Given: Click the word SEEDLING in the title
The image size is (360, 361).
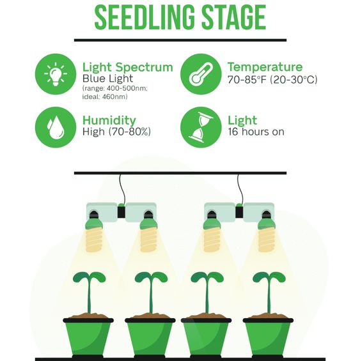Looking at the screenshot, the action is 145,18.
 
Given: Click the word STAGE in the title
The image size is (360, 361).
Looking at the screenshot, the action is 234,18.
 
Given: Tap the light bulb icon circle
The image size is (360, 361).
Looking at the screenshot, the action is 56,74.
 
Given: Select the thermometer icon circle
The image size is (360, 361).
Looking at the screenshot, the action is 201,74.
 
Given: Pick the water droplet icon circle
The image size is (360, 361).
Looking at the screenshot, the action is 56,127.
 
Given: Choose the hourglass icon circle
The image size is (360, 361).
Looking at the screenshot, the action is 201,127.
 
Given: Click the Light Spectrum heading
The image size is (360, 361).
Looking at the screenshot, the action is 128,68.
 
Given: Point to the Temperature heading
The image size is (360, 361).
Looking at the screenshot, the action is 265,67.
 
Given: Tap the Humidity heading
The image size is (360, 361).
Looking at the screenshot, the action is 109,120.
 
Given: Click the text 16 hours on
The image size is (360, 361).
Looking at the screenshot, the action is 256,132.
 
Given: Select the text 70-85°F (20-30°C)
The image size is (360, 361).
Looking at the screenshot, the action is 272,80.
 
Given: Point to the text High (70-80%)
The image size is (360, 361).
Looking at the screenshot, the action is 116,132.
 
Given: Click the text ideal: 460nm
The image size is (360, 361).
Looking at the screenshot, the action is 105,96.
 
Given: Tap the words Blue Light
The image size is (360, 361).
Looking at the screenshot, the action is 107,79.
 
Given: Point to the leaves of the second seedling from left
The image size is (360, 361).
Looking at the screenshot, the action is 151,278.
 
